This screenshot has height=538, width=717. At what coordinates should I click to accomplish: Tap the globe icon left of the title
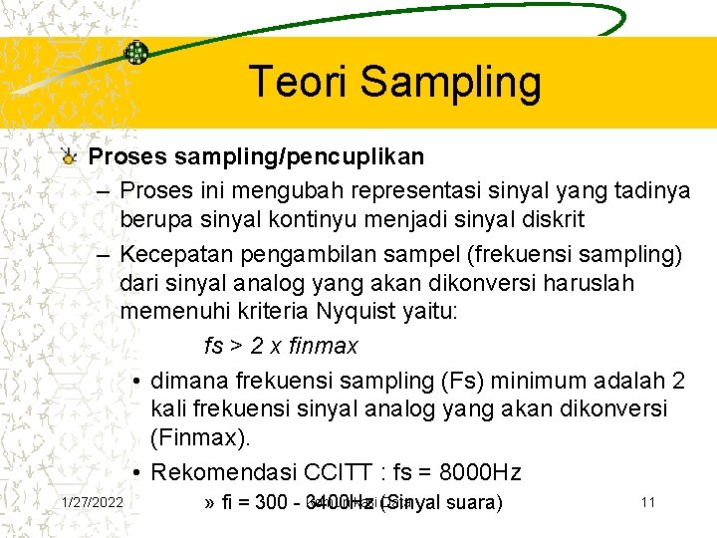point(136,53)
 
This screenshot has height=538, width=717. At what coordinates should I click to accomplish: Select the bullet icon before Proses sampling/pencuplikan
point(68,156)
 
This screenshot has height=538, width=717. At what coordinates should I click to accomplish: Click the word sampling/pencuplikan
point(291,157)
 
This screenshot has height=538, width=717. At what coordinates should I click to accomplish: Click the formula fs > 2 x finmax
point(281,346)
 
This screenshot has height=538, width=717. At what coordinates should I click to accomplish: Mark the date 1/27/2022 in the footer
point(92,502)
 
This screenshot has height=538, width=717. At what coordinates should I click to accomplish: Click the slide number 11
point(647,502)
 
